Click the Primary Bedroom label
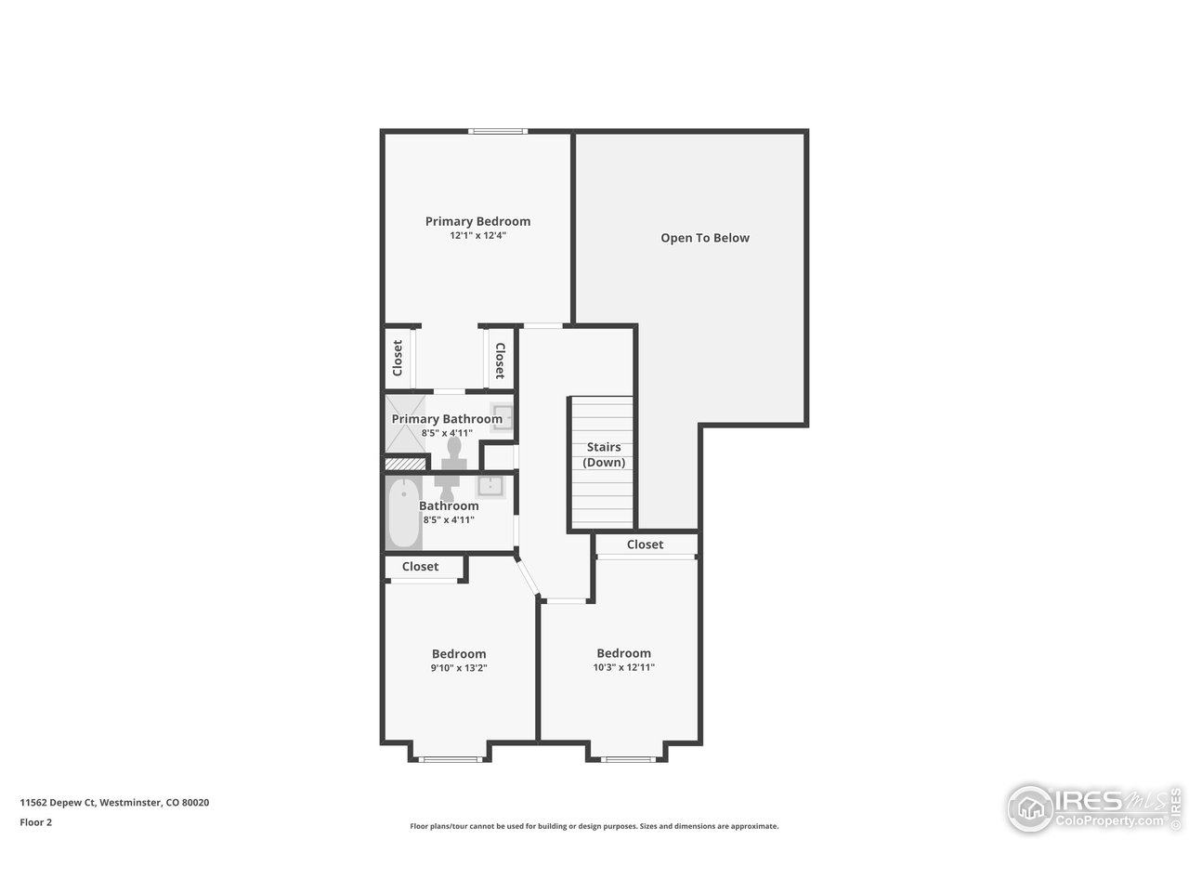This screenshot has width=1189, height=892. pyautogui.click(x=477, y=221)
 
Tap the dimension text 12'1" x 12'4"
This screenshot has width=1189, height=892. pyautogui.click(x=477, y=236)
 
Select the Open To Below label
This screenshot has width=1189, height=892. pyautogui.click(x=705, y=238)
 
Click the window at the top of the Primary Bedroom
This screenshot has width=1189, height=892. pyautogui.click(x=499, y=132)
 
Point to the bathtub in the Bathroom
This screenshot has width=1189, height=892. pyautogui.click(x=404, y=513)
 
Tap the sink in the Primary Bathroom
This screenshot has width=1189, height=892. pyautogui.click(x=502, y=414)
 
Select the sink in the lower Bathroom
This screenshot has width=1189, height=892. pyautogui.click(x=490, y=485)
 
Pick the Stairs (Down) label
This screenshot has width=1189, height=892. pyautogui.click(x=604, y=454)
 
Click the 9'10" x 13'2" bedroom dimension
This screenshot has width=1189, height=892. pyautogui.click(x=459, y=668)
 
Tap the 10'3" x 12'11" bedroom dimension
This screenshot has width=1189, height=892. pyautogui.click(x=624, y=667)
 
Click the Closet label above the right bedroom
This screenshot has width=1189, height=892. pyautogui.click(x=646, y=544)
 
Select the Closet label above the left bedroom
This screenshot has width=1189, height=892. pyautogui.click(x=421, y=566)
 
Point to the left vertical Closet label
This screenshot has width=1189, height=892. pyautogui.click(x=398, y=358)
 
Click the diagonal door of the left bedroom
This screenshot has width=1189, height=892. pyautogui.click(x=527, y=575)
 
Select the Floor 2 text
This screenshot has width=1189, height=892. pyautogui.click(x=36, y=822)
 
